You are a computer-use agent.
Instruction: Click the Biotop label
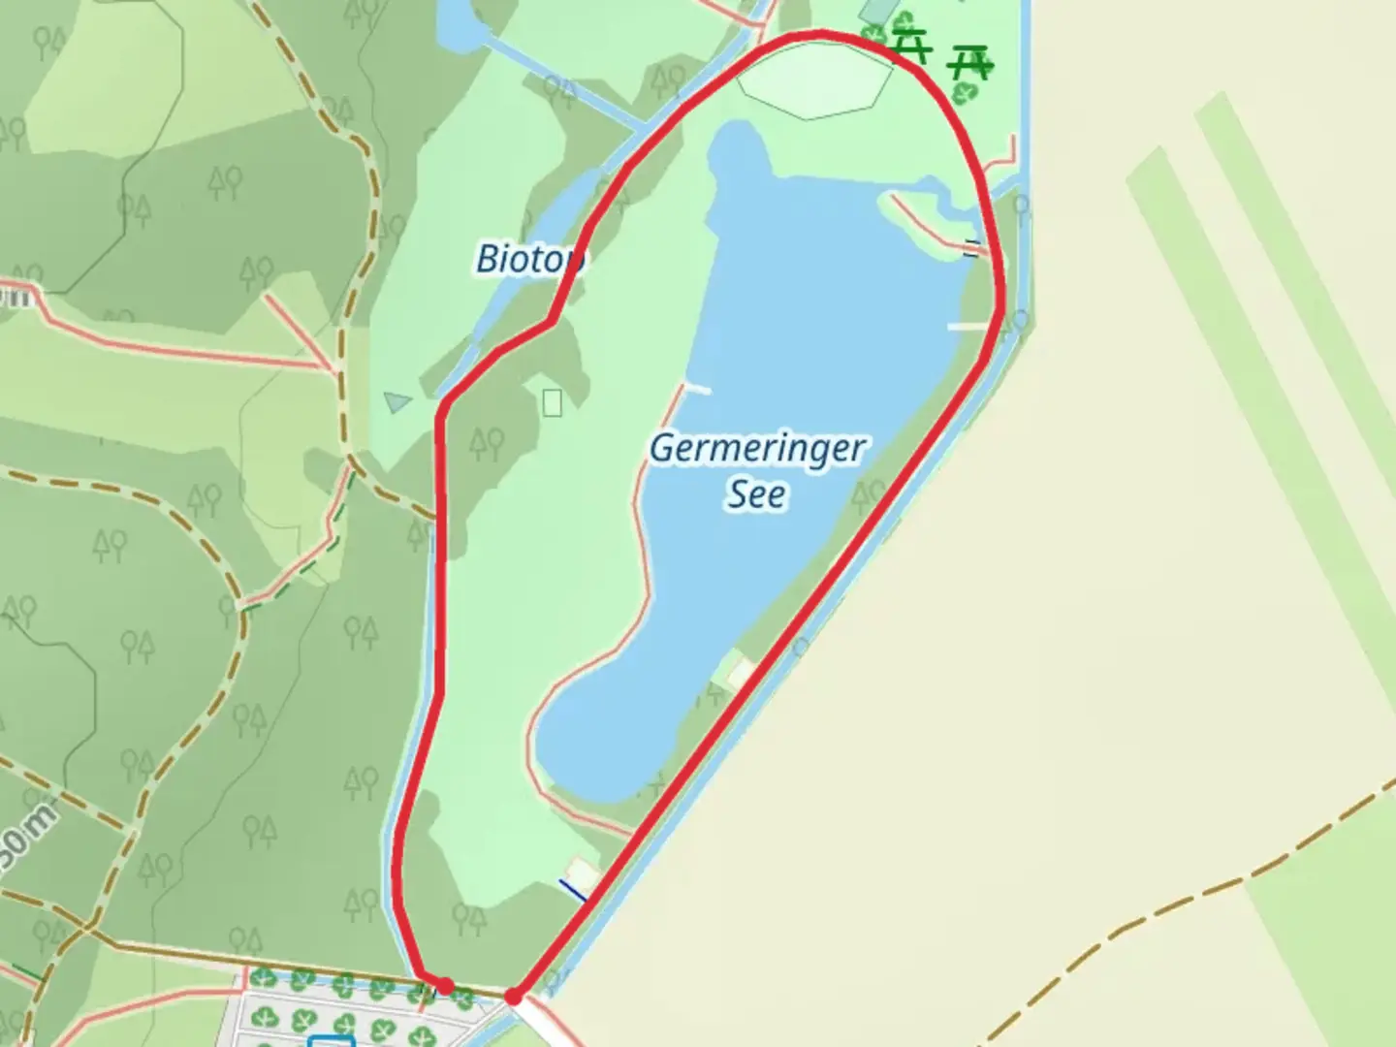click(x=529, y=259)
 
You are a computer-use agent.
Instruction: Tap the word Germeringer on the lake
click(x=756, y=449)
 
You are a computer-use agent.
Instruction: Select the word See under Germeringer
click(x=756, y=494)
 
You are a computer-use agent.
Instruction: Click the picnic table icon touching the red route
click(x=910, y=45)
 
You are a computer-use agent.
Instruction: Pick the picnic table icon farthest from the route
click(x=968, y=63)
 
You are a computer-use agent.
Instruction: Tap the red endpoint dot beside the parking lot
click(x=445, y=986)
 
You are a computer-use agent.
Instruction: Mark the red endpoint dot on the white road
click(x=514, y=996)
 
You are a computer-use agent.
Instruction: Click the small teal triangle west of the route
click(x=397, y=400)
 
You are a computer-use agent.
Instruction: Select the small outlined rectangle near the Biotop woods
click(x=552, y=402)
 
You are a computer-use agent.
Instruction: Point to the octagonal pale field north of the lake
click(x=814, y=81)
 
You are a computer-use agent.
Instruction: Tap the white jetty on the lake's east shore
click(x=967, y=327)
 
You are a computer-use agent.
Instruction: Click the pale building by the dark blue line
click(x=581, y=871)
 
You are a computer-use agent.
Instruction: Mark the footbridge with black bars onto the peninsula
click(x=972, y=248)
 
